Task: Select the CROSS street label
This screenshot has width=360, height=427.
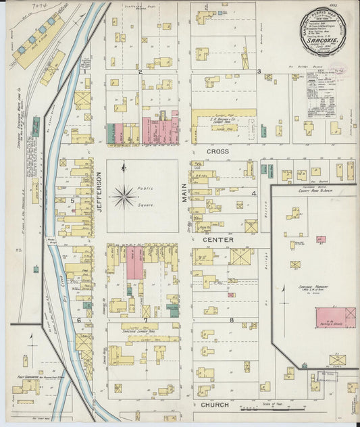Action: pyautogui.click(x=217, y=152)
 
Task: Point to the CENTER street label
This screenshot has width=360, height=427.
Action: pyautogui.click(x=217, y=240)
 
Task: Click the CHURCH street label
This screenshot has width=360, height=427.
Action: pyautogui.click(x=215, y=405)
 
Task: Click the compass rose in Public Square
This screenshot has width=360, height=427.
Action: pyautogui.click(x=124, y=197)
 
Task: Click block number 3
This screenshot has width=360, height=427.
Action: pyautogui.click(x=259, y=71)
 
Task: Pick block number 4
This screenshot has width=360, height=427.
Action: pyautogui.click(x=254, y=194)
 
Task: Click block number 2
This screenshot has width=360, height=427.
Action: pyautogui.click(x=140, y=71)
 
